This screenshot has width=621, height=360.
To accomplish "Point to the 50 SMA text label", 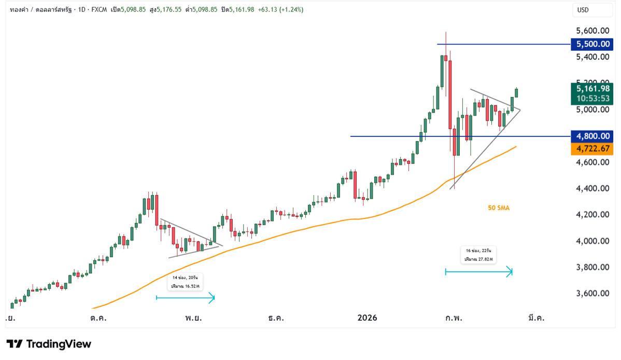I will coord(499,208).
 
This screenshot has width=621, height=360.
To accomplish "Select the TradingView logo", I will coord(49,344).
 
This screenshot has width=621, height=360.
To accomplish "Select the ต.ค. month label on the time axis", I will coord(98,317).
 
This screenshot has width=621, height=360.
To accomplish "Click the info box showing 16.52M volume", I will coord(186,282).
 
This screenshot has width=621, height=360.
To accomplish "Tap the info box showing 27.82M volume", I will coord(478,255).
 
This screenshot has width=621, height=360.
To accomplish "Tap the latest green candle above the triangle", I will coord(516,92).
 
